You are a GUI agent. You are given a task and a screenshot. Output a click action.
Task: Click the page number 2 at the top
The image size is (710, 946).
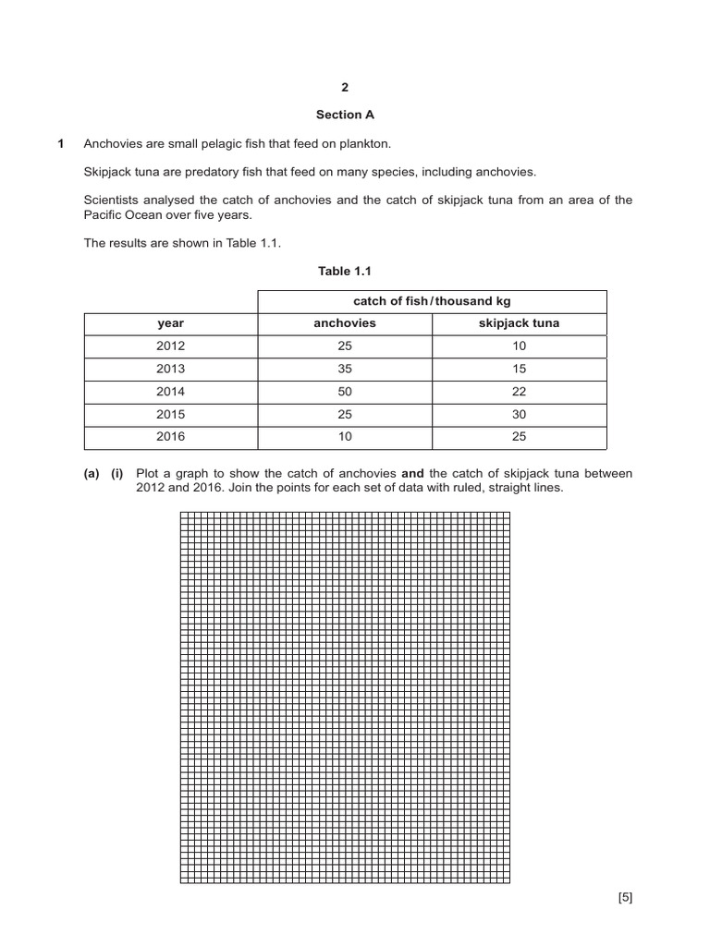(345, 88)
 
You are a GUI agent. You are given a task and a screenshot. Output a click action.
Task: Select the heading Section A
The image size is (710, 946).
(345, 115)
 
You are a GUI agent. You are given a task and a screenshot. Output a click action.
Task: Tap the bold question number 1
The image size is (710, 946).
(61, 143)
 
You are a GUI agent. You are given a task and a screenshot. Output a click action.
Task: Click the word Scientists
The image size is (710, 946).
(113, 200)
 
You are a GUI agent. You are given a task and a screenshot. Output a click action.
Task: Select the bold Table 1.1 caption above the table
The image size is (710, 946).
(345, 271)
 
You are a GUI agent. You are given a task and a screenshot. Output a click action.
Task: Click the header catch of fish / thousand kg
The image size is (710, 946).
(432, 301)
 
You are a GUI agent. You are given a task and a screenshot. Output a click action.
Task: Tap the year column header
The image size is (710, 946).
(170, 323)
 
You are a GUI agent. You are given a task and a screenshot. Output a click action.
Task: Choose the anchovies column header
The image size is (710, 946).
(345, 323)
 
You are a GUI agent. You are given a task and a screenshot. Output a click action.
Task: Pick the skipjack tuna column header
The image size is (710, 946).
(519, 323)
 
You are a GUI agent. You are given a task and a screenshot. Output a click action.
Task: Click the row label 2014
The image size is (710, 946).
(170, 391)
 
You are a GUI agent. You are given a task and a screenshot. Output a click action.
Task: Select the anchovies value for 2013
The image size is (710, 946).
(345, 369)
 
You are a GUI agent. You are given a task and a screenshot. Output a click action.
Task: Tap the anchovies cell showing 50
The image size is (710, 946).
(345, 391)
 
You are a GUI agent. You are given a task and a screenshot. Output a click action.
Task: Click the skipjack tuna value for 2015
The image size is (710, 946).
(519, 414)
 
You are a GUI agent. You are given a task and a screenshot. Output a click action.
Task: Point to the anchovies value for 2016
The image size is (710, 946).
(345, 436)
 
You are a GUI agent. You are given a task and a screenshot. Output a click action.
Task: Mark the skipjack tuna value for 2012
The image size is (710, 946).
(519, 346)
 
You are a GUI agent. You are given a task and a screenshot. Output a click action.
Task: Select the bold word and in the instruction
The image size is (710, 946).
(412, 473)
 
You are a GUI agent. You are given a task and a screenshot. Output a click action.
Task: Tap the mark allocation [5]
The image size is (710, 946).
(625, 897)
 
